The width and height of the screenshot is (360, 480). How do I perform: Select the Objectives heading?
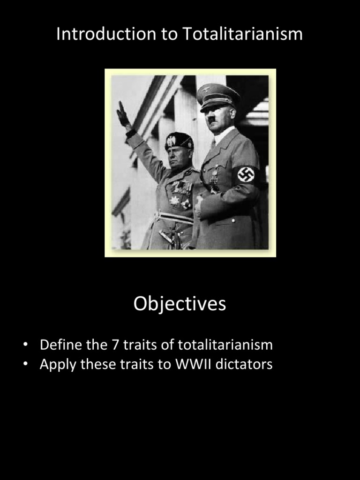point(180,304)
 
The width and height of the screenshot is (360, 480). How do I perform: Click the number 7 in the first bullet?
point(115,345)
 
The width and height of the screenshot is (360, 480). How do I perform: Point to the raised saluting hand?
point(123,114)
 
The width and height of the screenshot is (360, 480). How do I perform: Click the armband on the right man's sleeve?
point(246,174)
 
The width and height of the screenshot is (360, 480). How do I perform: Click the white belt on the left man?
point(174,217)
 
